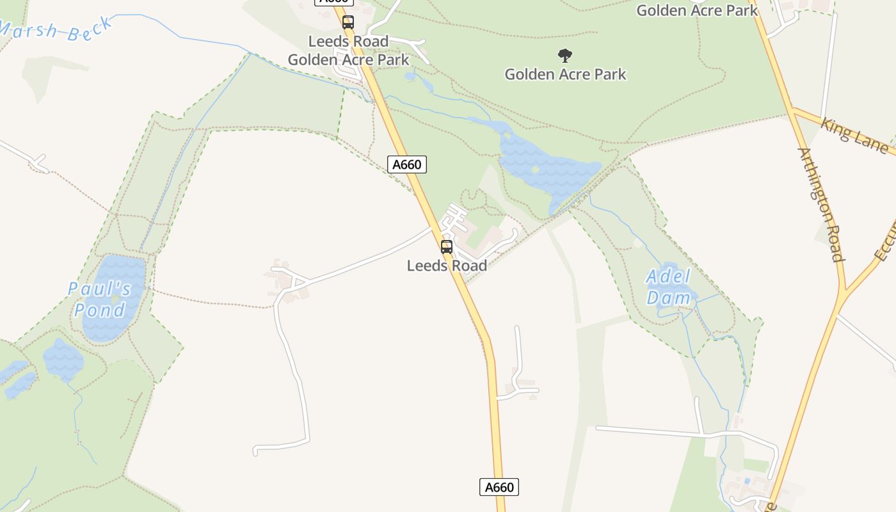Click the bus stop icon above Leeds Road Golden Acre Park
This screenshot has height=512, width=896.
348,22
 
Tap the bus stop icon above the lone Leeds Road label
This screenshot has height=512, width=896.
447,247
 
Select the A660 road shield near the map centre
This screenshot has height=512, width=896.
406,164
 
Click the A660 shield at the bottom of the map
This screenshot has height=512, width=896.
499,487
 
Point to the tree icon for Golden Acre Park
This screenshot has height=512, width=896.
564,56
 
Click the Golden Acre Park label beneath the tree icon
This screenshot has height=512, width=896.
565,74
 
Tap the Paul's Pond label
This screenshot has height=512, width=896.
100,300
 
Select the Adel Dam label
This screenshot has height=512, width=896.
669,287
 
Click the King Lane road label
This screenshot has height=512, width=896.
854,136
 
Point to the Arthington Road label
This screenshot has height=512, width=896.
821,205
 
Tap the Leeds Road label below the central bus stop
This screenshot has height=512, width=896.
447,266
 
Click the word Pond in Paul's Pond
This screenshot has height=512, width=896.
99,310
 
